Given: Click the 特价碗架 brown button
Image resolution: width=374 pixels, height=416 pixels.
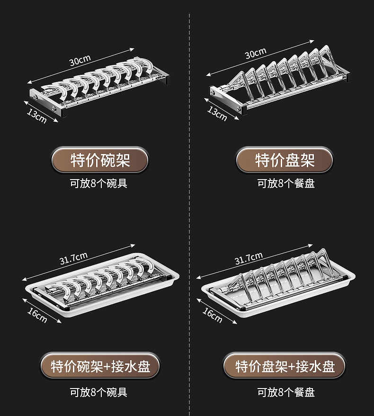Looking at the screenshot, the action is [99, 160].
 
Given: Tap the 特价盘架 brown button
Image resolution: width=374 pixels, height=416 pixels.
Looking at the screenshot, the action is [285, 160].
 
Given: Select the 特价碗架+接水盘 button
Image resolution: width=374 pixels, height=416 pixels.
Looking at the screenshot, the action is [99, 366].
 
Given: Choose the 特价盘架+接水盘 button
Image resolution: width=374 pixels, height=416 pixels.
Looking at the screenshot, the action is [285, 366].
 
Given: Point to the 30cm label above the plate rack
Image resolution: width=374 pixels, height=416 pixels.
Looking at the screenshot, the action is [256, 54].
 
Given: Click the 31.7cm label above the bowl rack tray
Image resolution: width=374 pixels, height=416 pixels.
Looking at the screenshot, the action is [73, 259].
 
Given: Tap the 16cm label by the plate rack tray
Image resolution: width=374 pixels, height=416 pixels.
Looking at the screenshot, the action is [213, 315].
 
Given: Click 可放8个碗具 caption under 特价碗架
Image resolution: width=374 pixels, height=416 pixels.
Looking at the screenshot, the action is [99, 183].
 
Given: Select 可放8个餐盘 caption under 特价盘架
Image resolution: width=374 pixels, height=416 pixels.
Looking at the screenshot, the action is [286, 183].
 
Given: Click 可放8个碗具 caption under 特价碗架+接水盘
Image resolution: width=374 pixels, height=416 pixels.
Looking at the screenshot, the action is [99, 392].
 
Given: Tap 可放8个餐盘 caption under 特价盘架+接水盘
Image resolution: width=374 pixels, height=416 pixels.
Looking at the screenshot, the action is [286, 392].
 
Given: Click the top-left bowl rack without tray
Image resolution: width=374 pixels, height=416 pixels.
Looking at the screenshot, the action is [99, 88].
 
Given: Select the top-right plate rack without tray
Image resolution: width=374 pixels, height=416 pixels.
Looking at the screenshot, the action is [282, 81].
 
